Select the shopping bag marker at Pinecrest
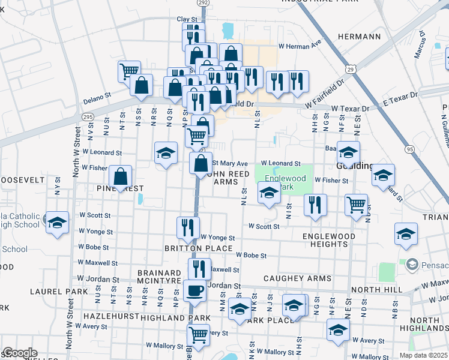click(121, 178)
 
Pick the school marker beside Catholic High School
click(57, 223)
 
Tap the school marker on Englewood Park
click(269, 193)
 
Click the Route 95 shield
click(410, 149)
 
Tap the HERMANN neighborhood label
click(360, 37)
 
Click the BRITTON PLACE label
click(198, 248)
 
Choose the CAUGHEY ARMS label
click(297, 279)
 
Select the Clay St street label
click(187, 19)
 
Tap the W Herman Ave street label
click(300, 45)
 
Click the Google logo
click(19, 353)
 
